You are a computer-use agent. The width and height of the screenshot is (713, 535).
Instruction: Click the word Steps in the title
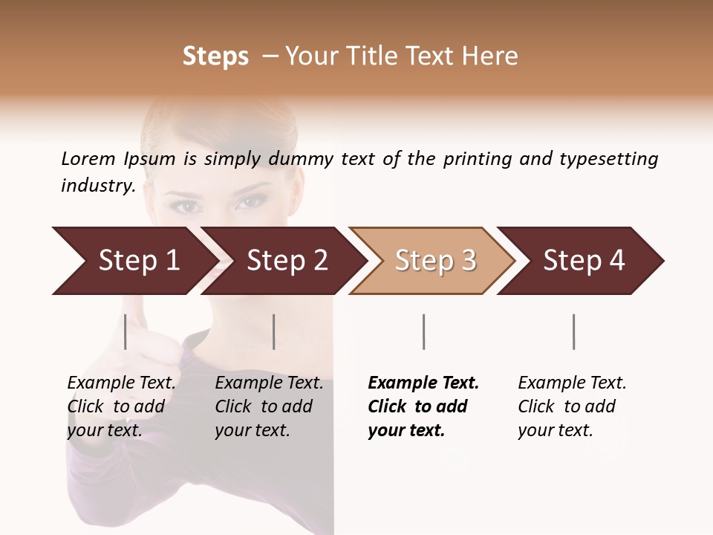pyautogui.click(x=215, y=56)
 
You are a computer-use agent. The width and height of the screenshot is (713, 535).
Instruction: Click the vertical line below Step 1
pyautogui.click(x=126, y=331)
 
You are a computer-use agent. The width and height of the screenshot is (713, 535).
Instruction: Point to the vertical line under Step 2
pyautogui.click(x=274, y=331)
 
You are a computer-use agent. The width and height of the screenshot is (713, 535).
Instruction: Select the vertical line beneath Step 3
pyautogui.click(x=423, y=331)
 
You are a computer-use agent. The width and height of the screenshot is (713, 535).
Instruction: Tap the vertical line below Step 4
pyautogui.click(x=573, y=331)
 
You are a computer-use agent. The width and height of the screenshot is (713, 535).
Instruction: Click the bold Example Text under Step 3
pyautogui.click(x=423, y=383)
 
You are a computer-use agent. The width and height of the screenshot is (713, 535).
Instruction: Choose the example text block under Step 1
pyautogui.click(x=121, y=406)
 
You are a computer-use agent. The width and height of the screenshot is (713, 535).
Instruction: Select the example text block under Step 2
pyautogui.click(x=269, y=406)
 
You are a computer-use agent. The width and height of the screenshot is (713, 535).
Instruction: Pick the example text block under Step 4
pyautogui.click(x=572, y=406)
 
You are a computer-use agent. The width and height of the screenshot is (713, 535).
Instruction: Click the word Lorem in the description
pyautogui.click(x=88, y=159)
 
